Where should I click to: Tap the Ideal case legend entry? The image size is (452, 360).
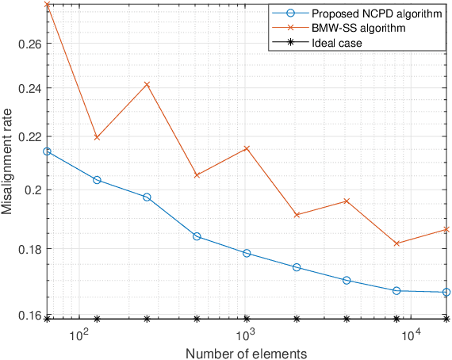click(x=339, y=43)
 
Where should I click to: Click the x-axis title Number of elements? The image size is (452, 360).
click(x=247, y=352)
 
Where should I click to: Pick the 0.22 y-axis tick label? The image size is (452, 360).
click(x=30, y=136)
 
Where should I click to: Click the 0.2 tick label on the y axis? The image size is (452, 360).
click(x=33, y=190)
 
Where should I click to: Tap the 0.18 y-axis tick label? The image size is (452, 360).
click(x=30, y=249)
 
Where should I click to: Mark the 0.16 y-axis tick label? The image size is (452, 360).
click(x=30, y=316)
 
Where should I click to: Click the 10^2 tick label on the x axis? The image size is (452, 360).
click(x=78, y=336)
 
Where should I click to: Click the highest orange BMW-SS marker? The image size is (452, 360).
click(x=48, y=5)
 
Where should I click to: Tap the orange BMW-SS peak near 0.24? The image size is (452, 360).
click(x=147, y=84)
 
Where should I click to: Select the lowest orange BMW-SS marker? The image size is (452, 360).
click(x=396, y=243)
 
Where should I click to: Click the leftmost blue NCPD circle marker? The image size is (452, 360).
click(x=47, y=151)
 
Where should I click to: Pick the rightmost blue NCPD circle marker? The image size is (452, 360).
click(x=446, y=293)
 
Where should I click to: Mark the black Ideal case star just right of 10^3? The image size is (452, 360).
click(x=247, y=319)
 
